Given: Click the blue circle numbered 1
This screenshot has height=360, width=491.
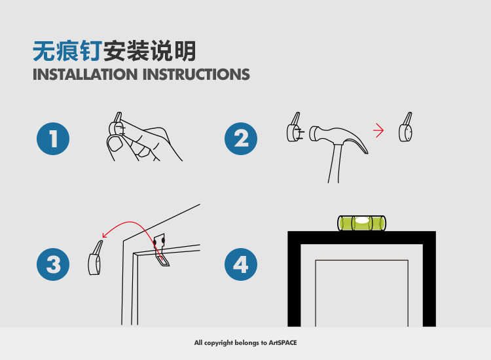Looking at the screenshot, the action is pyautogui.click(x=53, y=139).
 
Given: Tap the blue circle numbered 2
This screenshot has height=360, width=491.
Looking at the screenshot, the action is pyautogui.click(x=241, y=139).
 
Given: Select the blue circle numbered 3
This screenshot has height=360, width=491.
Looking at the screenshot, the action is pyautogui.click(x=53, y=264).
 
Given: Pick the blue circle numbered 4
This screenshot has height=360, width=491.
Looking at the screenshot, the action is pyautogui.click(x=241, y=264).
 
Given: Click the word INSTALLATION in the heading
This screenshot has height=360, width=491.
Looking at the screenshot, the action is pyautogui.click(x=85, y=75).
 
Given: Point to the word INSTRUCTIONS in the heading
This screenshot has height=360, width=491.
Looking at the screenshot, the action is pyautogui.click(x=196, y=75).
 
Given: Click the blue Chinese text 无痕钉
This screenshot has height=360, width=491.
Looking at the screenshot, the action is pyautogui.click(x=67, y=51).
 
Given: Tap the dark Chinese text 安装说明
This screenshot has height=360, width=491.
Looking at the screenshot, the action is pyautogui.click(x=150, y=51).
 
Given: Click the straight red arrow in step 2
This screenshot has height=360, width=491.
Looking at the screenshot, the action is pyautogui.click(x=378, y=130).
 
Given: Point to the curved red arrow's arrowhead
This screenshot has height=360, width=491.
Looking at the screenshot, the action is pyautogui.click(x=105, y=235).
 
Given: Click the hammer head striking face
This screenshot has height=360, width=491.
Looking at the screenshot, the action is pyautogui.click(x=312, y=134).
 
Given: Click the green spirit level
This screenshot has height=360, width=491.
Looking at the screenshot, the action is pyautogui.click(x=361, y=223).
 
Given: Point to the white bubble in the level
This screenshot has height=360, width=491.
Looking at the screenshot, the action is pyautogui.click(x=362, y=221).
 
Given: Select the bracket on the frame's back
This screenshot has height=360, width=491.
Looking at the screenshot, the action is pyautogui.click(x=161, y=250).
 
